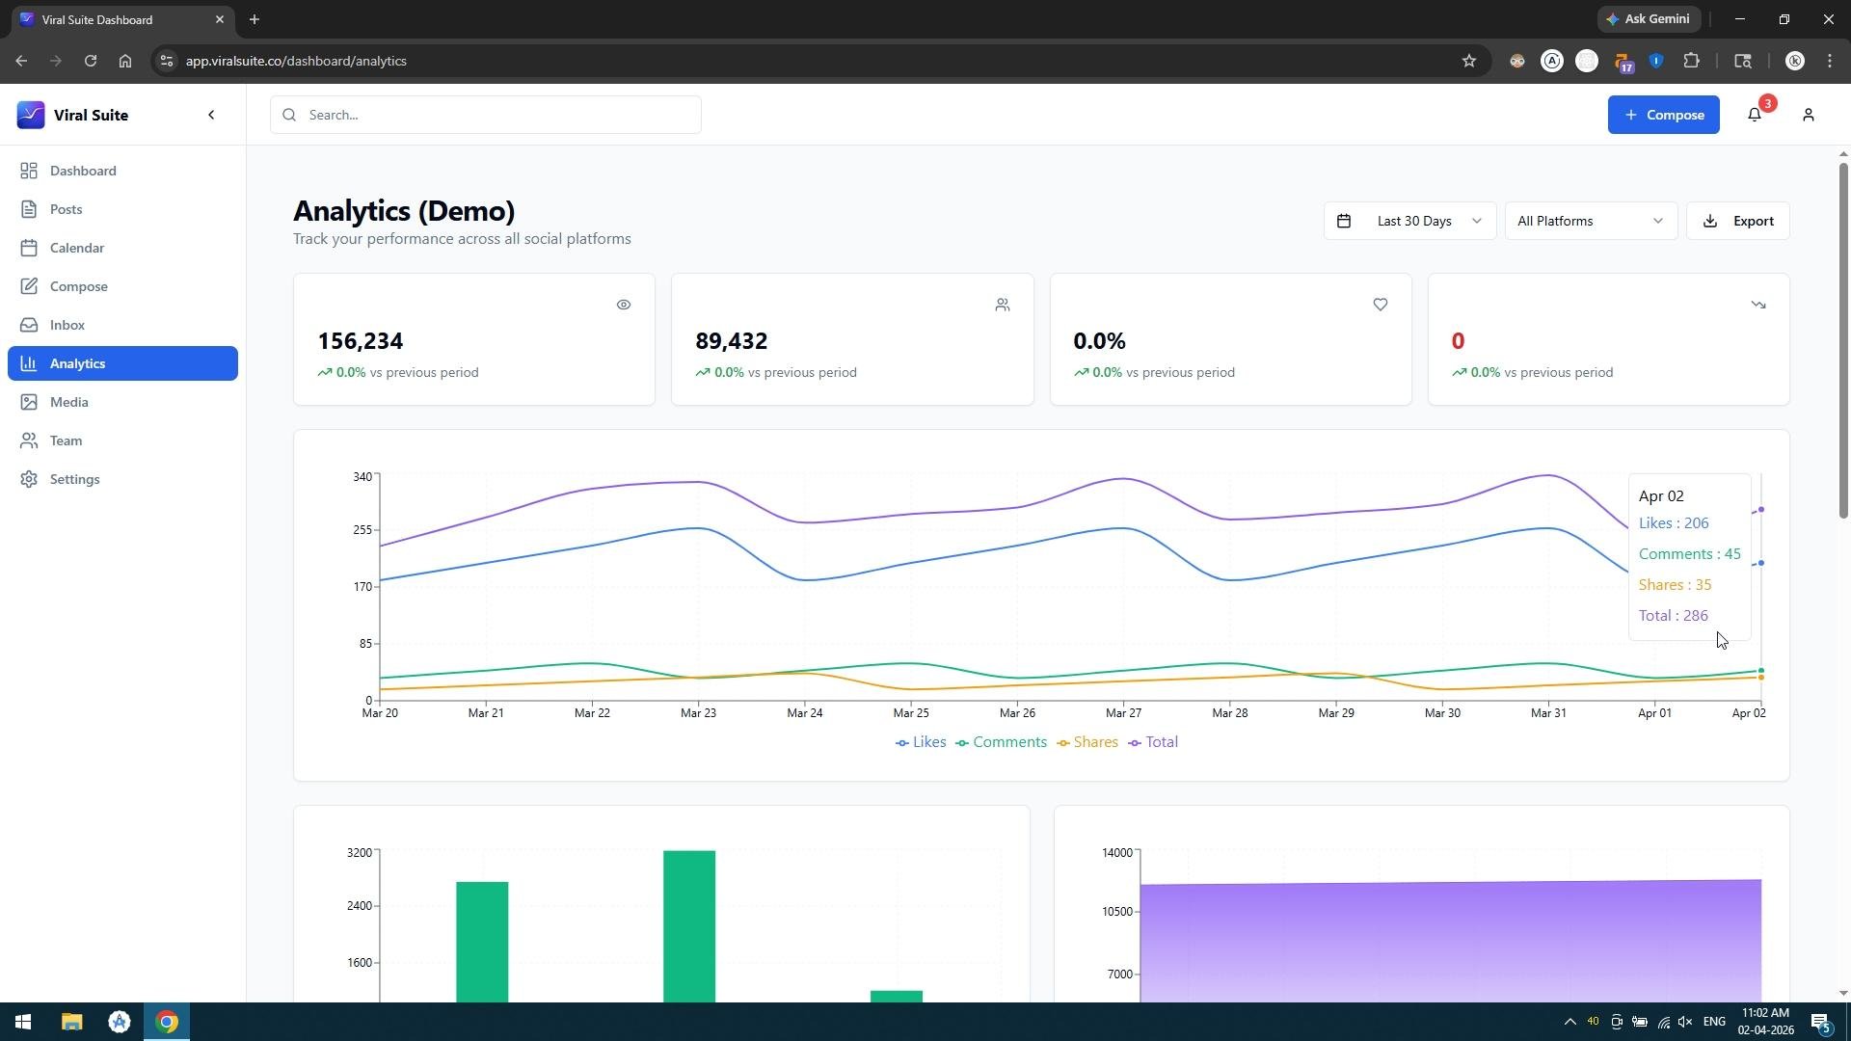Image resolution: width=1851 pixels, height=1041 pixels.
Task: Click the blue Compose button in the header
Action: click(x=1663, y=115)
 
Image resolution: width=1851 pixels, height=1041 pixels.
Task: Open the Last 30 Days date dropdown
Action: click(x=1409, y=221)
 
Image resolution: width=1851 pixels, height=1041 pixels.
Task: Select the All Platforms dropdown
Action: click(x=1591, y=221)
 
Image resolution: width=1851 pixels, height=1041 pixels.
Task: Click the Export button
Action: click(x=1737, y=221)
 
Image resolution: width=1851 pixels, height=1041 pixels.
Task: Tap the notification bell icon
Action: click(x=1755, y=115)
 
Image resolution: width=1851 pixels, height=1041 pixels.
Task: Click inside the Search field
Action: click(x=486, y=115)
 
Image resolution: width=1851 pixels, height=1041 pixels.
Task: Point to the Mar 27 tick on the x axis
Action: click(x=1123, y=713)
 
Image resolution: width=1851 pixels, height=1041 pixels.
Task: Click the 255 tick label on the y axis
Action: click(x=362, y=530)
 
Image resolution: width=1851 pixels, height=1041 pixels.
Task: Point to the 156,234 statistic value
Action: click(x=361, y=341)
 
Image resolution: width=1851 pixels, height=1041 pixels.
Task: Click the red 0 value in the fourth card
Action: click(x=1458, y=341)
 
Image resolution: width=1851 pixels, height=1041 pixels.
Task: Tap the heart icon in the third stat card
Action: click(x=1381, y=305)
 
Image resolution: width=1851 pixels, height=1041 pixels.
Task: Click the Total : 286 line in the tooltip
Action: click(x=1673, y=616)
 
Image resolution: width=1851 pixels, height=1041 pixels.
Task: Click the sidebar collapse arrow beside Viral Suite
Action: click(x=211, y=115)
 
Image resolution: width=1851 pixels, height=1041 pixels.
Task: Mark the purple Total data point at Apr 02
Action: click(x=1761, y=510)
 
